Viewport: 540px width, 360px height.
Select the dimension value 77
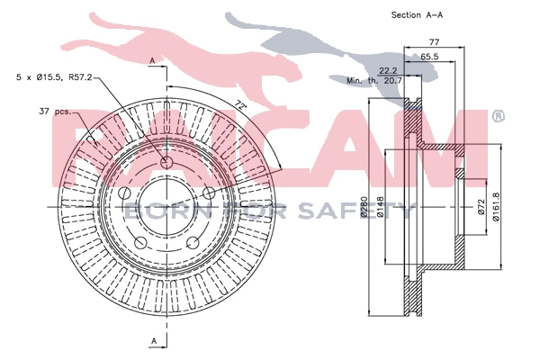434,42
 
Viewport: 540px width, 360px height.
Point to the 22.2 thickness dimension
389,69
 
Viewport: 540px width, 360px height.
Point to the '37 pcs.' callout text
55,112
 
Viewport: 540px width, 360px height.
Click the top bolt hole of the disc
166,163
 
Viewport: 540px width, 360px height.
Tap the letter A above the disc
153,60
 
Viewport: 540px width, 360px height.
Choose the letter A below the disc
153,340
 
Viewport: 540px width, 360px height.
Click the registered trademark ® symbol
498,117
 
